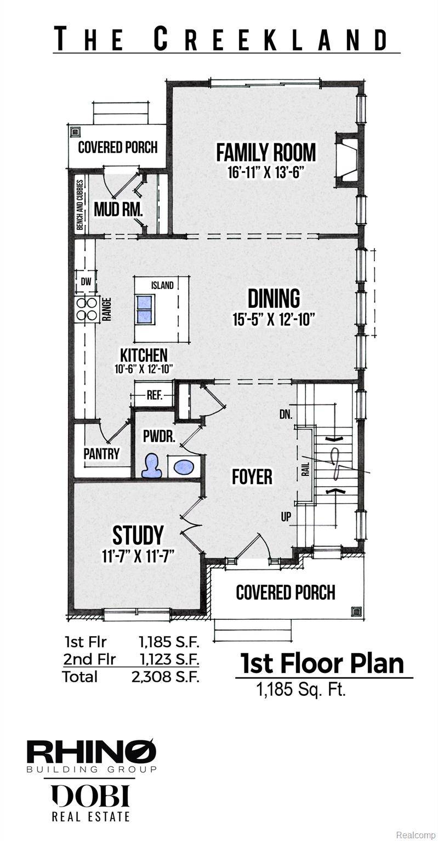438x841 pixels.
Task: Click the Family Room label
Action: (266, 152)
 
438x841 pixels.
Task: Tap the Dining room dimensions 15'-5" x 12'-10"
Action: (274, 319)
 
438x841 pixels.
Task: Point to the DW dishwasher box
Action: (86, 283)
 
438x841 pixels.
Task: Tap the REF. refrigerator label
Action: (154, 395)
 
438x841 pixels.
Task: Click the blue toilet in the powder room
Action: (151, 466)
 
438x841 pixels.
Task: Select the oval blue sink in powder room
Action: (184, 467)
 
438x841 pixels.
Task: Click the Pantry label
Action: (101, 453)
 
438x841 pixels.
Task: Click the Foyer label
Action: (252, 476)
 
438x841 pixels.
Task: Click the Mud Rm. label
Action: (118, 209)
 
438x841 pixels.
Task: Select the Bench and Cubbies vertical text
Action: (80, 205)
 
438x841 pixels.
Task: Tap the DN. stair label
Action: (286, 414)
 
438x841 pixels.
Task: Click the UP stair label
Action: (286, 517)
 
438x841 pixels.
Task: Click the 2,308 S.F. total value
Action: (165, 677)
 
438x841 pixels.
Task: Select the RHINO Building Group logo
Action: (92, 756)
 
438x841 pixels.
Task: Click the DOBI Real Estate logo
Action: (91, 802)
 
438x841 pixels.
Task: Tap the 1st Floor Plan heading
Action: (322, 663)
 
